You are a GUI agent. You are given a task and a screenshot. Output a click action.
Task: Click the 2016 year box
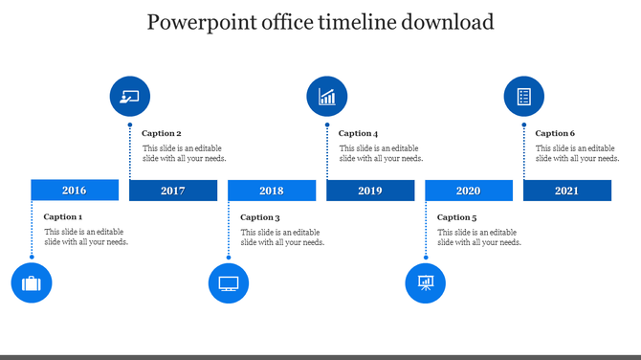tap(75, 191)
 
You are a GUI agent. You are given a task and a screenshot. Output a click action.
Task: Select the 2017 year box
tap(173, 191)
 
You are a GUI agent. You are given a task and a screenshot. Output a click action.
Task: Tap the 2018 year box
tap(272, 191)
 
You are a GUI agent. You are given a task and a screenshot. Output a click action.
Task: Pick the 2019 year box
tap(370, 191)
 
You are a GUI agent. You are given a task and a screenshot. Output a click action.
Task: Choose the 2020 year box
tap(469, 191)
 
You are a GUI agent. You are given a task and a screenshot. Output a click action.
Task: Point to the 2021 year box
tap(567, 191)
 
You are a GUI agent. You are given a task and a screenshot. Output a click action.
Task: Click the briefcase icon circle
tap(32, 283)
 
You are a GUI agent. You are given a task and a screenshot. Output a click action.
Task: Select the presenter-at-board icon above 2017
tap(130, 97)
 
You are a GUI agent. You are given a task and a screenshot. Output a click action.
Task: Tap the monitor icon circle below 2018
tap(229, 283)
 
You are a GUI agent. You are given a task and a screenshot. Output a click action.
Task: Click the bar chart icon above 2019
tap(327, 97)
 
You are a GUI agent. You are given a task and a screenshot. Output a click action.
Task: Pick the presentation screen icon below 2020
tap(426, 283)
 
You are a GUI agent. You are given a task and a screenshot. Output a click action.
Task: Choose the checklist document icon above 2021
tap(524, 97)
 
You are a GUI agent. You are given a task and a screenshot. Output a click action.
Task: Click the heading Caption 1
tap(63, 217)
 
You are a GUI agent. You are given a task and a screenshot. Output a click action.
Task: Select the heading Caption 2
tap(162, 133)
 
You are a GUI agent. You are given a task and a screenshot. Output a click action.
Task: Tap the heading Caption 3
tap(260, 217)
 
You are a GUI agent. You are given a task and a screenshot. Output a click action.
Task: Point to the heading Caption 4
tap(359, 133)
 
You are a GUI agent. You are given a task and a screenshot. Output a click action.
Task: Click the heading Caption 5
tap(457, 217)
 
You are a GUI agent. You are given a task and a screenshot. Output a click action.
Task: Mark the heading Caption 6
tap(556, 133)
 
